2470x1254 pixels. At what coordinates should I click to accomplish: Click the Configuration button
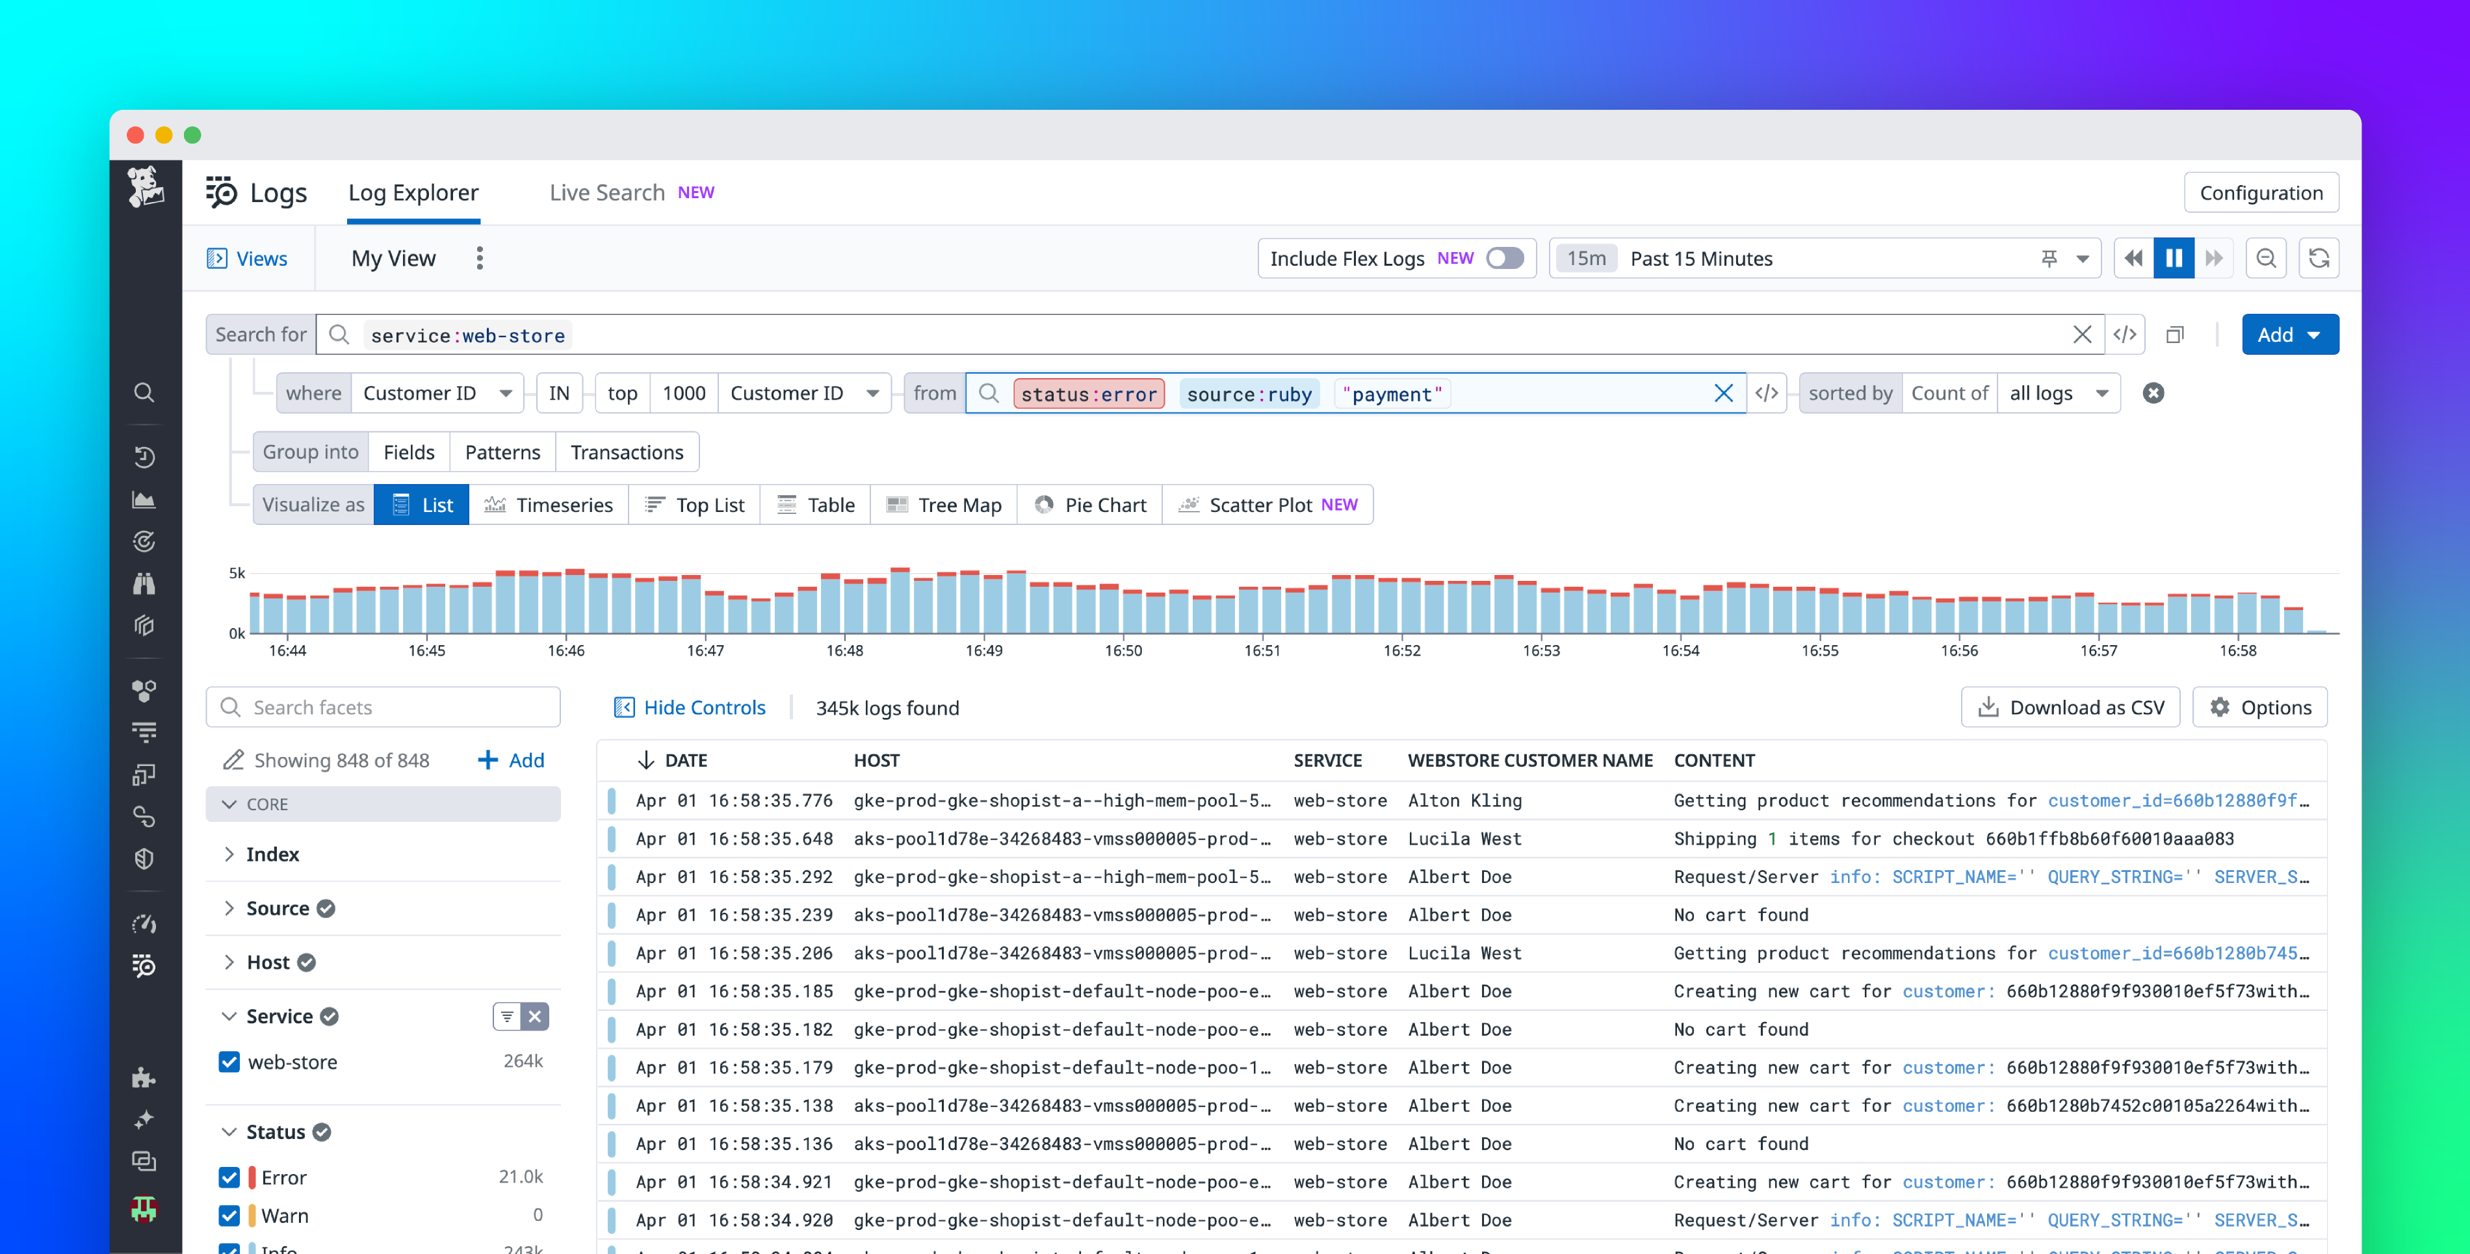click(x=2260, y=193)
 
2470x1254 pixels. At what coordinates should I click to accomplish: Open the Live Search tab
click(x=607, y=193)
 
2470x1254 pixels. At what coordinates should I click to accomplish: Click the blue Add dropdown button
click(x=2289, y=335)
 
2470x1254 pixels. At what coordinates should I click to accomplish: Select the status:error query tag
click(x=1088, y=394)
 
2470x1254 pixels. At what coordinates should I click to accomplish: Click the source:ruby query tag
click(x=1249, y=394)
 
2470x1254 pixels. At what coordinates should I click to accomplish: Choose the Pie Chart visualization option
click(x=1091, y=505)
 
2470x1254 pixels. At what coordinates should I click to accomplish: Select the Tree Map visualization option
click(x=944, y=505)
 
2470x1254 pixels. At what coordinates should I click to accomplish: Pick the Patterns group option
click(x=502, y=452)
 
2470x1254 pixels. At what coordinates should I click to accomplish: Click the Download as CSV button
click(x=2070, y=708)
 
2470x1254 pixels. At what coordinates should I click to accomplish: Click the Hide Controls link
click(x=690, y=708)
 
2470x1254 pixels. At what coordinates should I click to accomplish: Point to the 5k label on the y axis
click(x=237, y=573)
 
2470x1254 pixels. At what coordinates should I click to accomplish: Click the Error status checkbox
click(x=229, y=1177)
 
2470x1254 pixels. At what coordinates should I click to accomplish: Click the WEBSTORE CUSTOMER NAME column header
click(x=1529, y=760)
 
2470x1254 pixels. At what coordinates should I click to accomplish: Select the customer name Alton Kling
click(x=1464, y=800)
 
